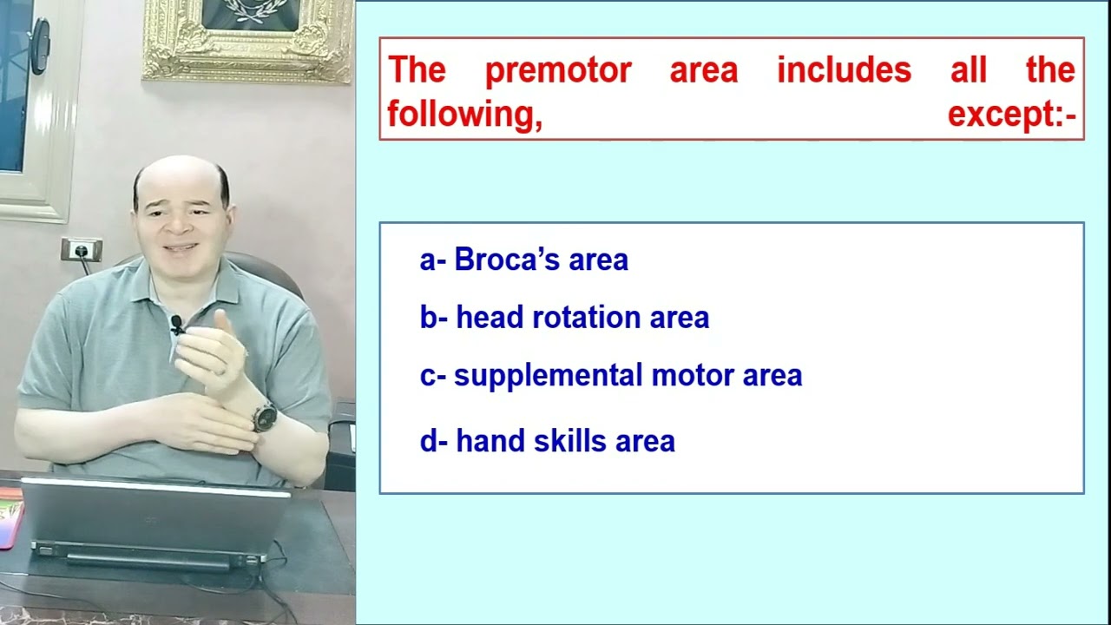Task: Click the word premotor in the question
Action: point(557,70)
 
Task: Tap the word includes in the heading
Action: point(844,70)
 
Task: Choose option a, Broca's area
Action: point(523,260)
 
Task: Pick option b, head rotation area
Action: point(564,318)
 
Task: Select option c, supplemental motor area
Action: point(610,376)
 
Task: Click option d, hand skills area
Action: point(547,441)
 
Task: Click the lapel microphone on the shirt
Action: point(177,325)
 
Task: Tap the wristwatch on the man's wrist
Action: point(265,417)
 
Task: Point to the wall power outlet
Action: point(81,250)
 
